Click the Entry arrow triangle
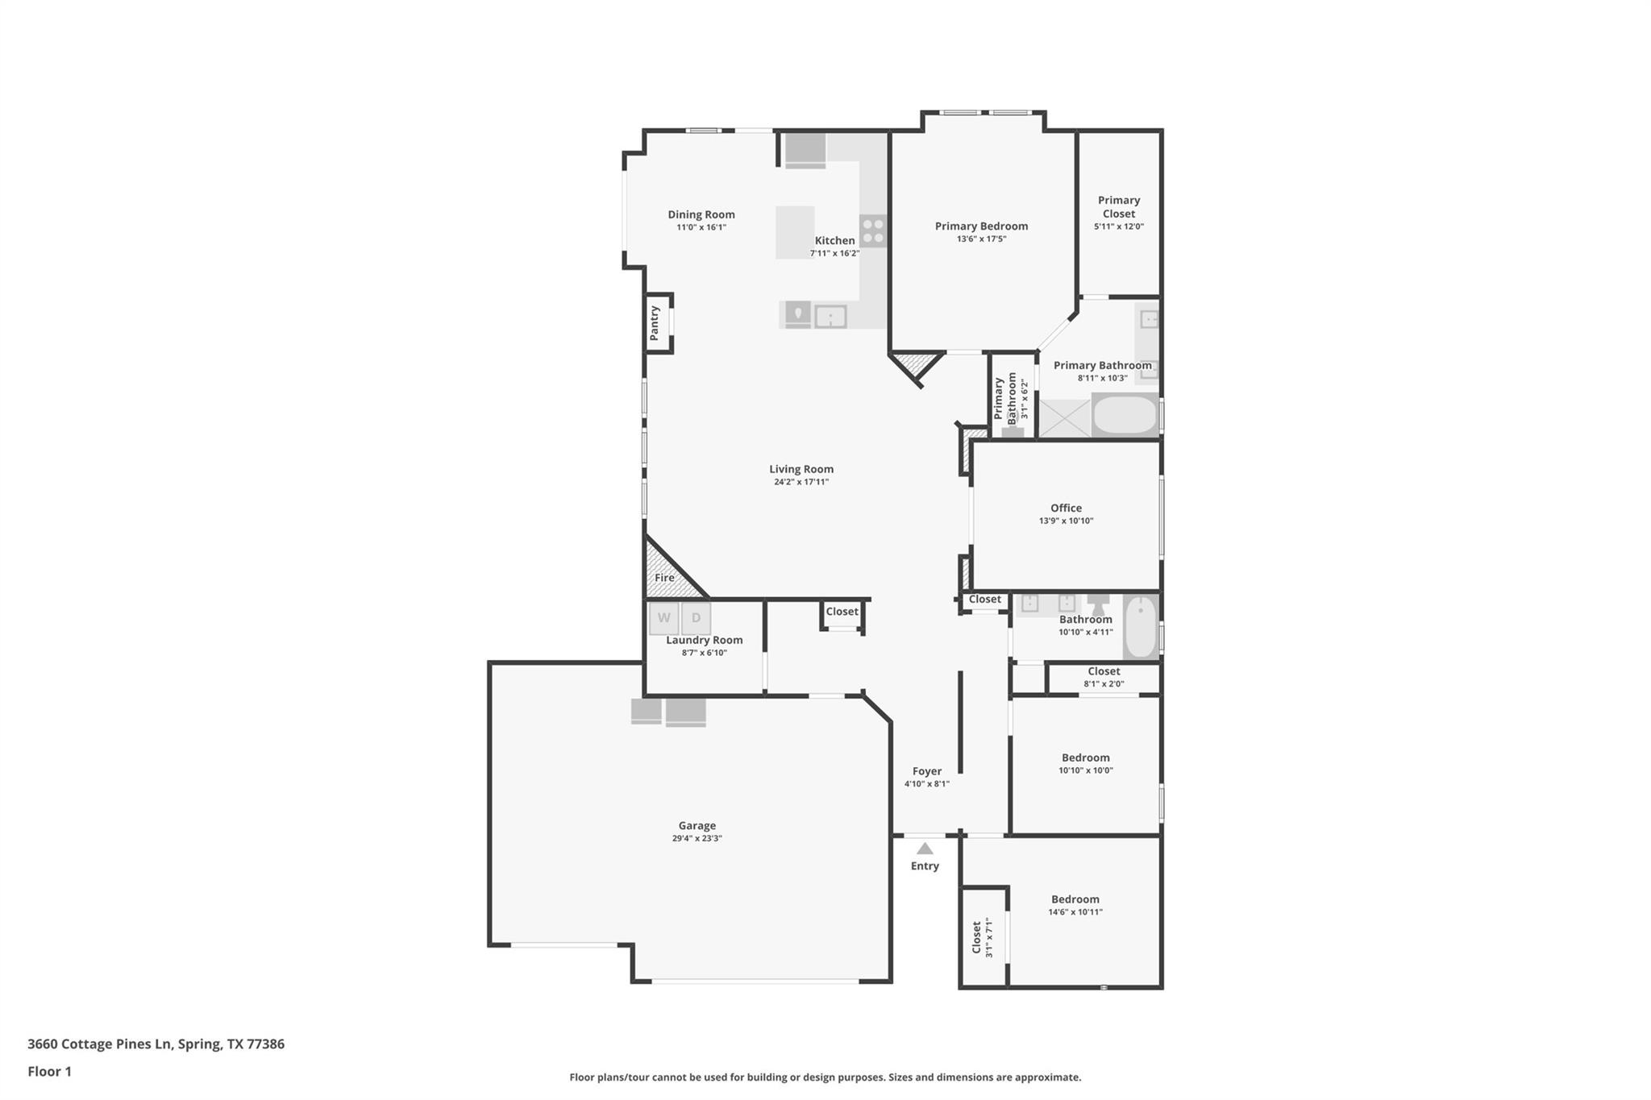coord(925,849)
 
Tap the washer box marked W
coord(663,618)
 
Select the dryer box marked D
coord(696,618)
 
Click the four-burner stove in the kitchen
coord(872,230)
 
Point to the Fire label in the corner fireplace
coord(664,578)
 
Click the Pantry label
coord(655,322)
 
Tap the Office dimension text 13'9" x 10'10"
coord(1066,521)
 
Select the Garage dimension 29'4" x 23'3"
coord(697,838)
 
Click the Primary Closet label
coord(1118,206)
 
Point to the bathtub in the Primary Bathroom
coord(1125,415)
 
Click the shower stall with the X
coord(1064,418)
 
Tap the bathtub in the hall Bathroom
coord(1140,627)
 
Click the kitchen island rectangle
coord(795,232)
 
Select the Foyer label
coord(926,771)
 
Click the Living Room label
coord(801,469)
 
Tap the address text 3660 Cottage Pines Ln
coord(100,1044)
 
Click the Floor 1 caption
coord(49,1071)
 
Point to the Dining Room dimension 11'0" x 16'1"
coord(701,227)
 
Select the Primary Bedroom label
coord(981,226)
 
